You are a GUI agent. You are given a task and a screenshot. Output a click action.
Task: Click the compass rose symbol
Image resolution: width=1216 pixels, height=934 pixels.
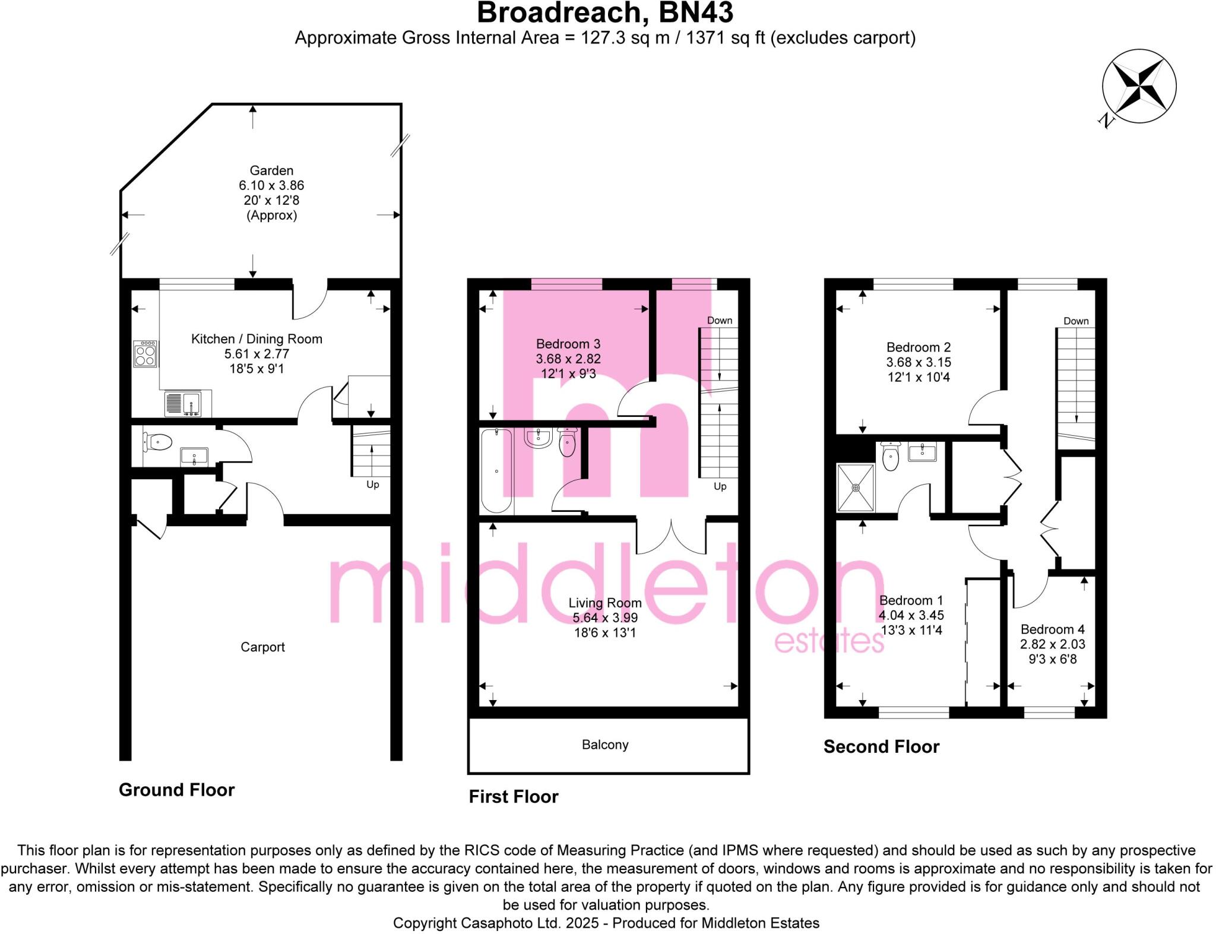coord(1139,87)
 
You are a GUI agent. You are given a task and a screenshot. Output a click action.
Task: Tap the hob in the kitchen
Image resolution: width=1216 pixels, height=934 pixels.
coord(145,354)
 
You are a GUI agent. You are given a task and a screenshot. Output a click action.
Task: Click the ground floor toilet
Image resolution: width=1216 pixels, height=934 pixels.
coord(157,442)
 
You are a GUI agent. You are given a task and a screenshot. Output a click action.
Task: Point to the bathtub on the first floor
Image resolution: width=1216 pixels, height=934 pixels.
coord(496,471)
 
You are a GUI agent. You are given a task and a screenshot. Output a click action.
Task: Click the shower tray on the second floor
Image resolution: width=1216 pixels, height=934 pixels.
coord(856,487)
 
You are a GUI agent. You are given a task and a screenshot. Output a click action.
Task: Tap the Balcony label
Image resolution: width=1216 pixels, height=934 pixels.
coord(605,745)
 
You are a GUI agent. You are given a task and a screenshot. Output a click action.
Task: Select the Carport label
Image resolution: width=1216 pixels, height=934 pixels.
coord(262,647)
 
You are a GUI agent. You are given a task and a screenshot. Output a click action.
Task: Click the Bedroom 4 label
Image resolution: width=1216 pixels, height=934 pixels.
coord(1052,629)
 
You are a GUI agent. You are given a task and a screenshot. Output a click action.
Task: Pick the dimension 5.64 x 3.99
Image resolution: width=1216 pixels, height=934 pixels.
coord(605,618)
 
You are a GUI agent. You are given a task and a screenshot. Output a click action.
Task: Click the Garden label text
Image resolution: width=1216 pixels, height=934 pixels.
coord(271,170)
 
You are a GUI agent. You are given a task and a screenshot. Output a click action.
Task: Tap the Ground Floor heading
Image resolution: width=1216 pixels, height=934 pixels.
coord(176,790)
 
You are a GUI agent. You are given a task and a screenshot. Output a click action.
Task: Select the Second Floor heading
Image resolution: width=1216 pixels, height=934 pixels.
coord(881,747)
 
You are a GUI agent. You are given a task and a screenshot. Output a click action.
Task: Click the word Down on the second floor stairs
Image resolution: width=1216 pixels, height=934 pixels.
coord(1076,321)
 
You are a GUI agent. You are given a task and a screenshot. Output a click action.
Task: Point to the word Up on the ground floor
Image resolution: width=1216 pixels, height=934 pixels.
coord(372,485)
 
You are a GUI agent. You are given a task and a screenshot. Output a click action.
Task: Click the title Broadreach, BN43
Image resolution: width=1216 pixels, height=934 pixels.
coord(605,13)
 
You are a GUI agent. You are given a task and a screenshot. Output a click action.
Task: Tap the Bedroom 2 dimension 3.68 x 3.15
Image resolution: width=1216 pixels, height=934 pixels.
coord(919,362)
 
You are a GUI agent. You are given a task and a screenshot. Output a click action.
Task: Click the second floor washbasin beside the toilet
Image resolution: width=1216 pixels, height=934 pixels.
coord(922,452)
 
